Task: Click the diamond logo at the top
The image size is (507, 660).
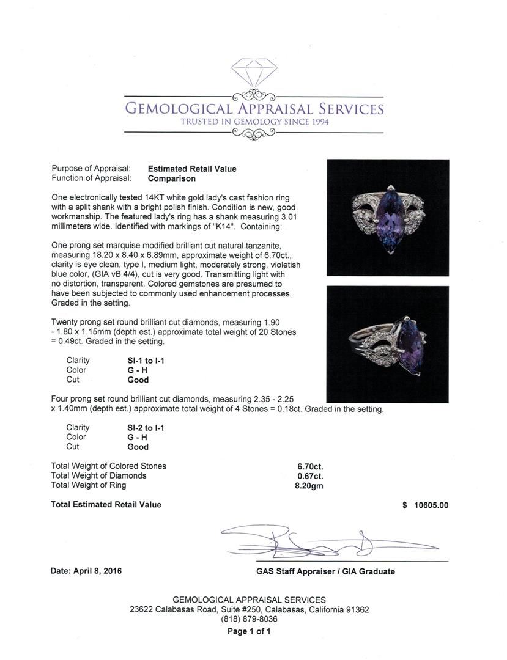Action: tap(254, 72)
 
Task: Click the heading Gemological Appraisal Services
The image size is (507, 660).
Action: tap(254, 109)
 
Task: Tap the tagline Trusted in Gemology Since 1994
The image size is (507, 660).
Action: tap(254, 122)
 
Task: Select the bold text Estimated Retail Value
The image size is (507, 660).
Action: tap(192, 169)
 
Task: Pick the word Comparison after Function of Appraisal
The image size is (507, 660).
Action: tap(172, 179)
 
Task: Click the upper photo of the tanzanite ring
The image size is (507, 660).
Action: tap(388, 218)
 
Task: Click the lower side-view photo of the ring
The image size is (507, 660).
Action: tap(388, 344)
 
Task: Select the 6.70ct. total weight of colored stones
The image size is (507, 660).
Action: tap(310, 466)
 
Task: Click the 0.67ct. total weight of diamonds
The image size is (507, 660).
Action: tap(310, 476)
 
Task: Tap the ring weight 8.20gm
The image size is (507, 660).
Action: tap(309, 486)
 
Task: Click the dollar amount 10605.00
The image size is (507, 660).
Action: tap(431, 505)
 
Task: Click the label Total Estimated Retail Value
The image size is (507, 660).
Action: tap(106, 505)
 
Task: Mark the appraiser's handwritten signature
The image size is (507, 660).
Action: tap(324, 541)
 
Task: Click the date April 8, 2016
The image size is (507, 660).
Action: tap(86, 571)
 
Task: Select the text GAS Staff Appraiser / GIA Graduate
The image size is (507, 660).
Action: tap(325, 572)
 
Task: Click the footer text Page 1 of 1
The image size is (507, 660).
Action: tap(249, 632)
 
